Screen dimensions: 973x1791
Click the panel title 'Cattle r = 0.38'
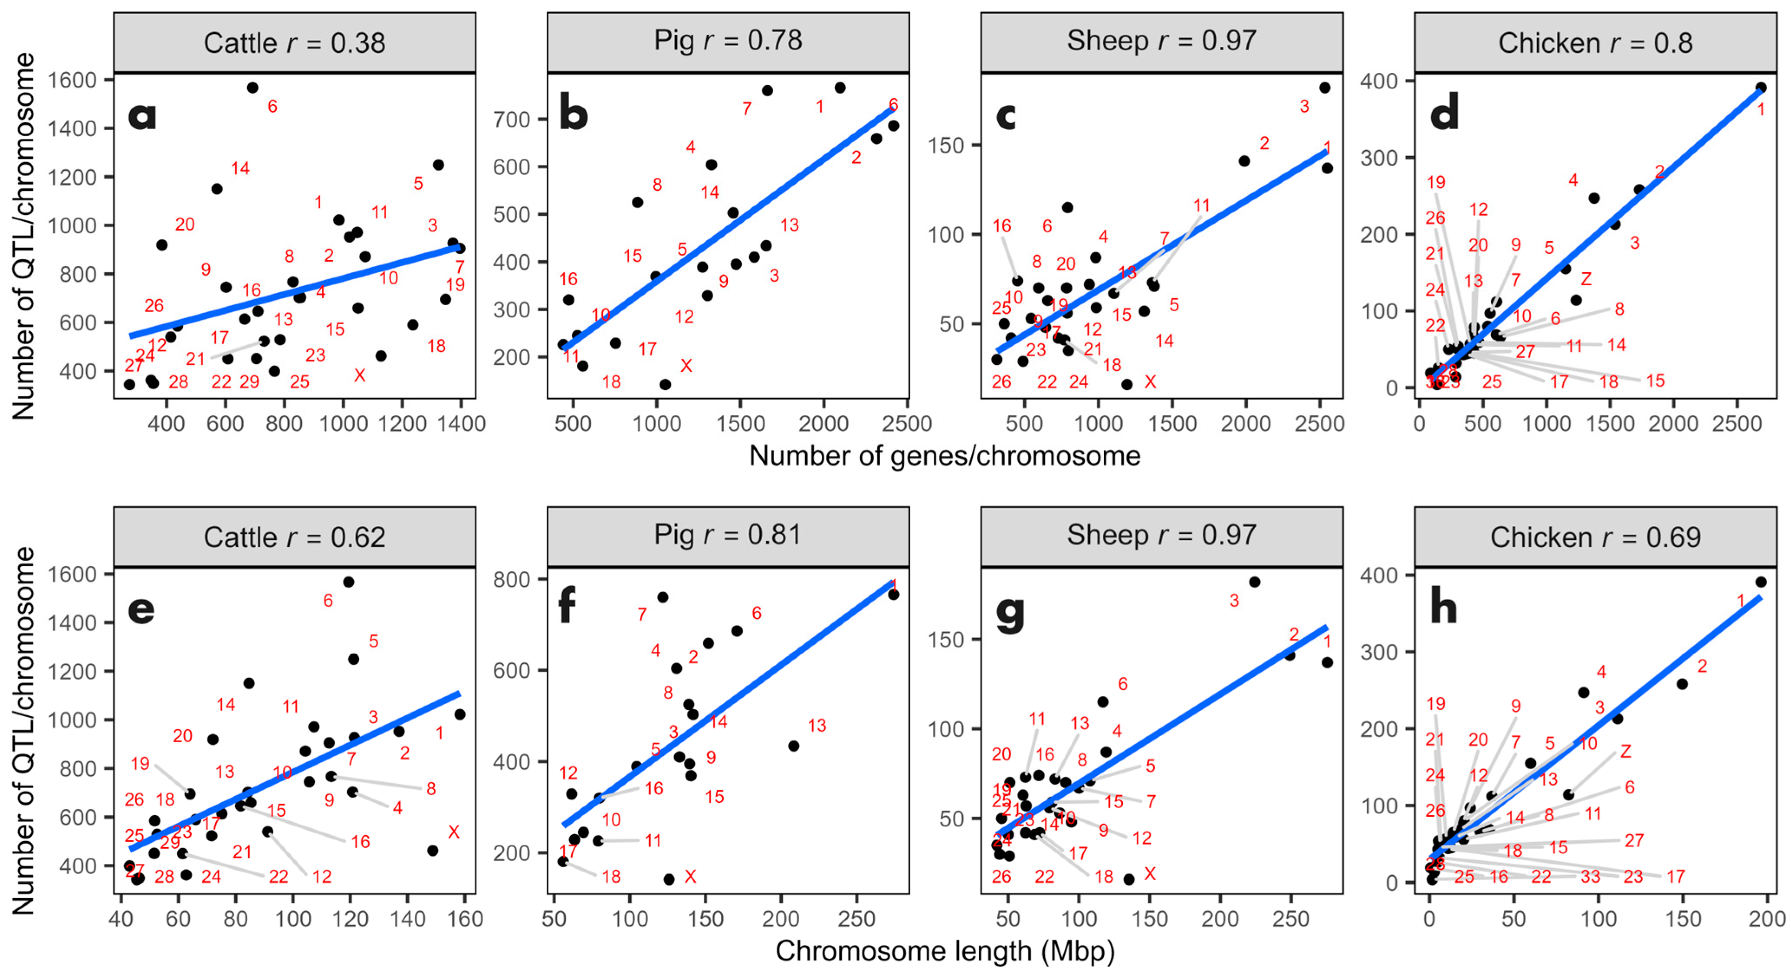(294, 43)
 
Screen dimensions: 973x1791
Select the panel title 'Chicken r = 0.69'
(1595, 537)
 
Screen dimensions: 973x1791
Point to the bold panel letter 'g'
(1010, 613)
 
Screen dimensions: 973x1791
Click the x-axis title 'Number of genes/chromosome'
(944, 456)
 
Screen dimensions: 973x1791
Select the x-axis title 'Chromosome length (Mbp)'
(944, 951)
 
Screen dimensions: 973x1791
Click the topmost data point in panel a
(253, 88)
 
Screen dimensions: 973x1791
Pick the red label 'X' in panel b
(686, 366)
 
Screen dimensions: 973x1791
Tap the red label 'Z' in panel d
(1586, 279)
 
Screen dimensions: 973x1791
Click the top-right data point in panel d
(1760, 88)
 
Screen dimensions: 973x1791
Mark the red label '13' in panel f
(817, 725)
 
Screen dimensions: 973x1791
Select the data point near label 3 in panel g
(1254, 582)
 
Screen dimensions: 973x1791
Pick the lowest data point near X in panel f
(669, 879)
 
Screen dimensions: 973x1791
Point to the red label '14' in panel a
(240, 168)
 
